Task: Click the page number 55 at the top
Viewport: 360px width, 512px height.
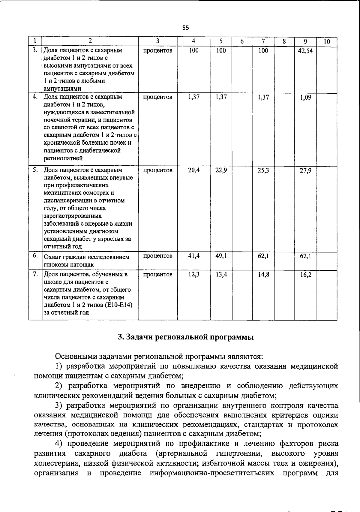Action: [186, 28]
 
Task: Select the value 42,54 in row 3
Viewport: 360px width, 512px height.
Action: [305, 51]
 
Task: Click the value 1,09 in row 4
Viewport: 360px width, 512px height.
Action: [306, 98]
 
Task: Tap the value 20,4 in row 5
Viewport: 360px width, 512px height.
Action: [194, 170]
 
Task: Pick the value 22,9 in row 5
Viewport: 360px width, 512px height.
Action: [221, 170]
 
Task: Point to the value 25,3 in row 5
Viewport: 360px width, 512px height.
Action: [263, 170]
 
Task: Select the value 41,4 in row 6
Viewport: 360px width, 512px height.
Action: [194, 256]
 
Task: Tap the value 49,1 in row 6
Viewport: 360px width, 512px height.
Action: [221, 256]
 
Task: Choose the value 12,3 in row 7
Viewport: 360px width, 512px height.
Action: [194, 274]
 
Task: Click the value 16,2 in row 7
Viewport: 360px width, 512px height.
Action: [306, 275]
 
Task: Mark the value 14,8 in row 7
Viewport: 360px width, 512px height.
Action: [263, 274]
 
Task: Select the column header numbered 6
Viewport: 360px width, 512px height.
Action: [242, 41]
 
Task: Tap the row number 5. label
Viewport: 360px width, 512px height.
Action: [35, 170]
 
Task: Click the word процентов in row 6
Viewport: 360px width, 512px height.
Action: [157, 256]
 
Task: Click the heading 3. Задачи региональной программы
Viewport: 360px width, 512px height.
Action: [186, 337]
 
